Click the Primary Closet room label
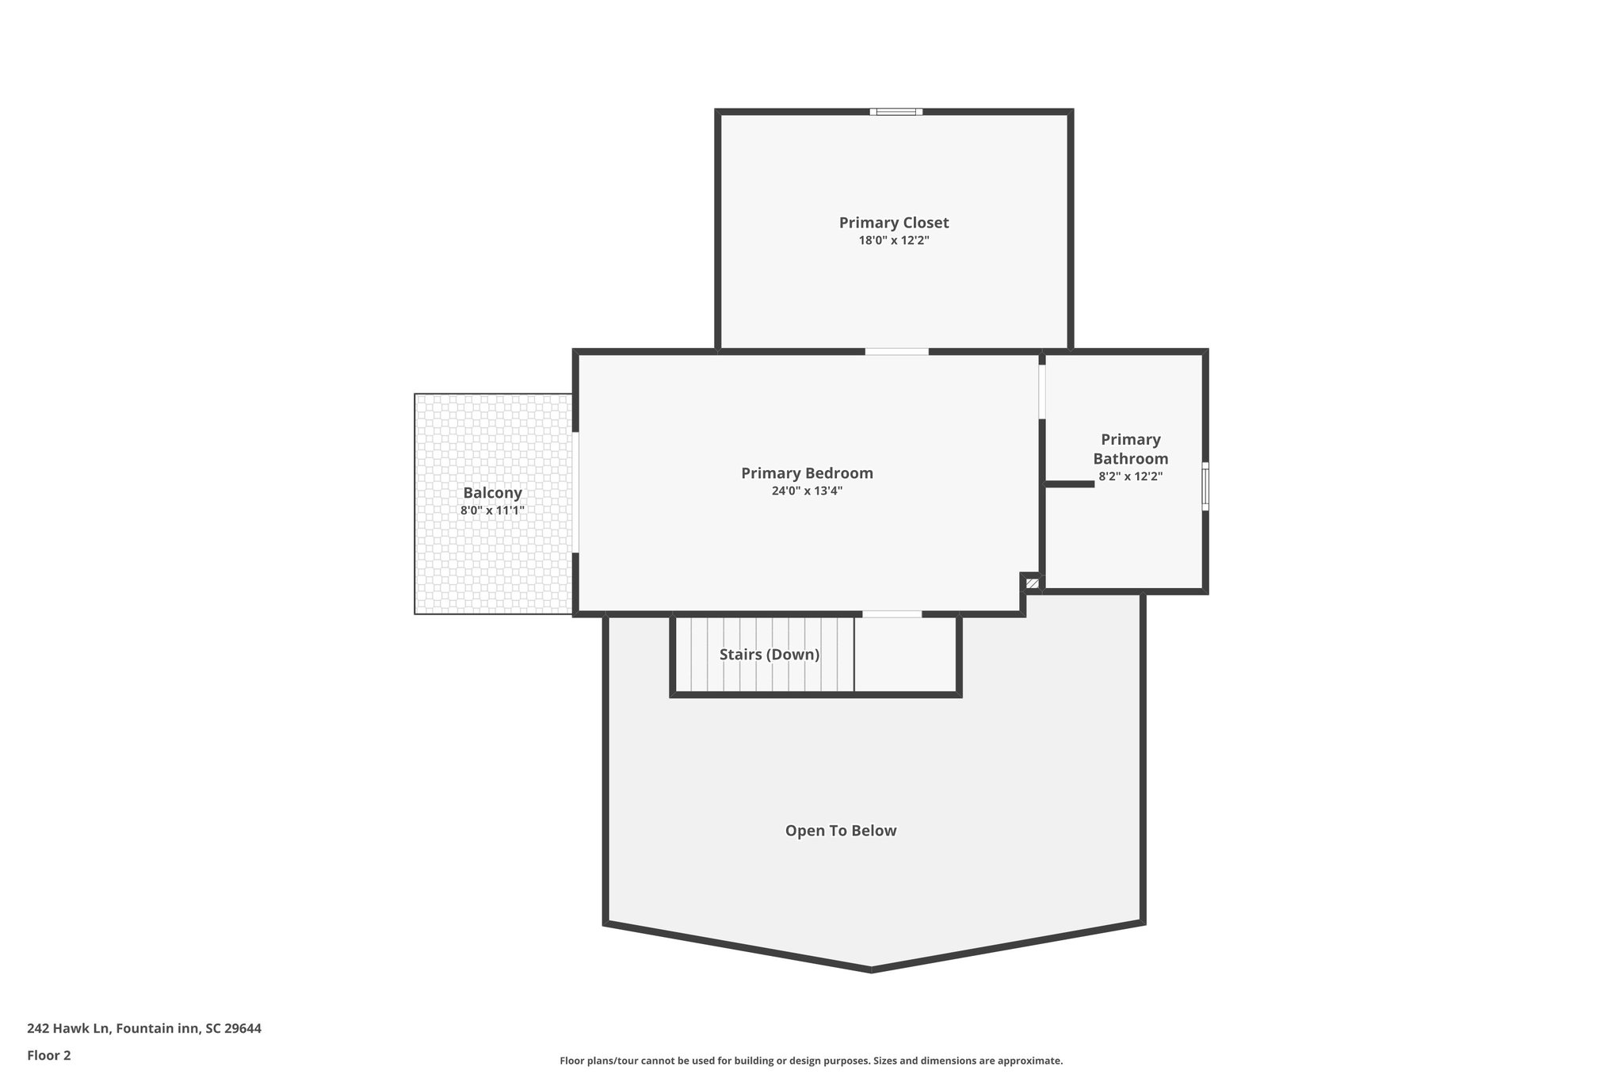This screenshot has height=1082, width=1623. (893, 223)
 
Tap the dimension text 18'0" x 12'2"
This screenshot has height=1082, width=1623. (893, 240)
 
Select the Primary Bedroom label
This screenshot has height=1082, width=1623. (807, 473)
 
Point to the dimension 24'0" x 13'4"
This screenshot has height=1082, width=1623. (807, 491)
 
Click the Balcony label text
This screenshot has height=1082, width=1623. (492, 493)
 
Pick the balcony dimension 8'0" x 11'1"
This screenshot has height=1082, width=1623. (492, 510)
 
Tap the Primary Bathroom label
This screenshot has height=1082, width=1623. (1130, 449)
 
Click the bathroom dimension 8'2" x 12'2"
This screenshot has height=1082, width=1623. (1130, 476)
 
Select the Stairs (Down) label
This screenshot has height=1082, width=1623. (769, 655)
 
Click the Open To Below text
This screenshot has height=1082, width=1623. (840, 831)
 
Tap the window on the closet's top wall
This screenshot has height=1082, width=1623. (896, 112)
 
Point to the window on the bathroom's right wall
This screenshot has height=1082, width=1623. (1205, 487)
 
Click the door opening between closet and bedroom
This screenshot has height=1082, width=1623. (896, 351)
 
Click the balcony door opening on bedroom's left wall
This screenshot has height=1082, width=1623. (576, 491)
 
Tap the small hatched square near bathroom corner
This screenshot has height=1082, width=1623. (1032, 583)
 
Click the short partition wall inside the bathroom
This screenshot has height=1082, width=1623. (1069, 484)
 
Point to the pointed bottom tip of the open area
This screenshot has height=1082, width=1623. (872, 969)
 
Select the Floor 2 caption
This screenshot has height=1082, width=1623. (48, 1055)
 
